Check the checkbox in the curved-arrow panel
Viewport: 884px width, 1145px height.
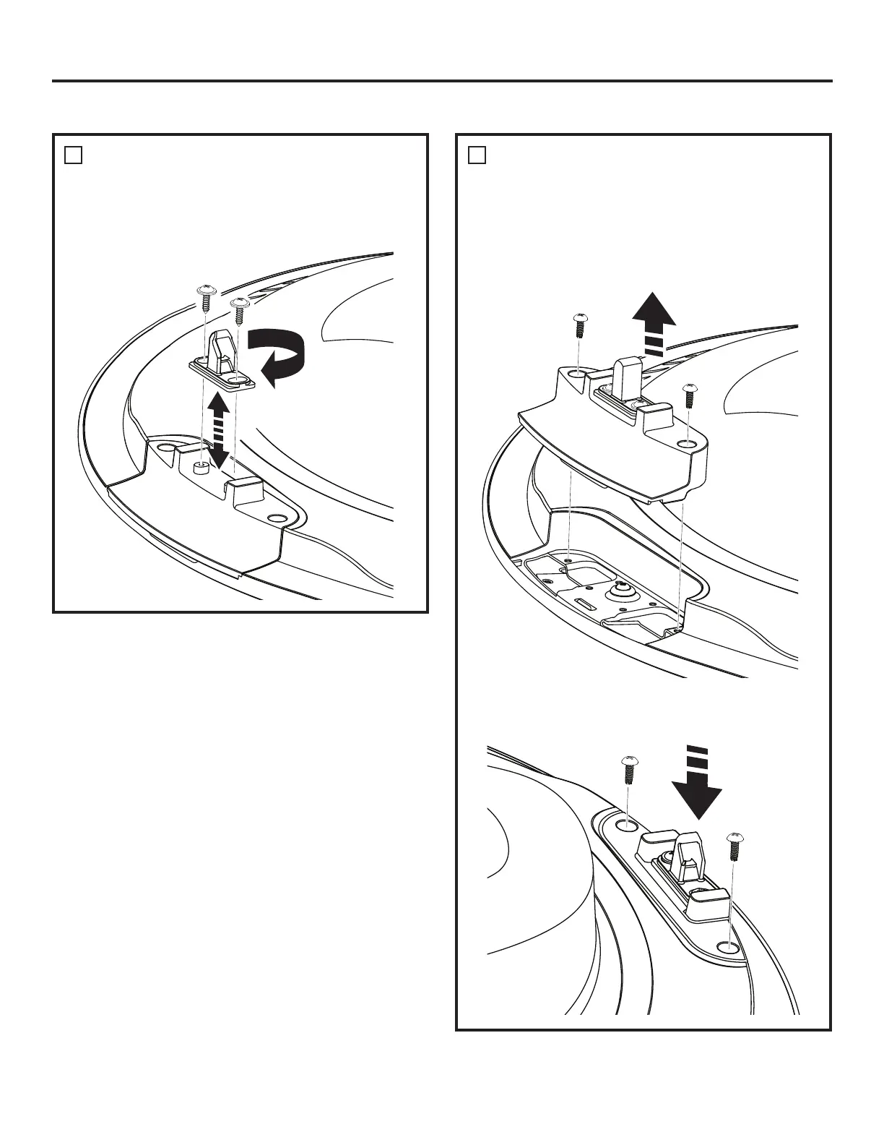click(72, 155)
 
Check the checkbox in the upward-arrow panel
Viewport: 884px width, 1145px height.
click(476, 155)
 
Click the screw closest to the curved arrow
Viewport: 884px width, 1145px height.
click(238, 310)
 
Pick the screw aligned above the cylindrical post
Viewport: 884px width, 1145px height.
click(206, 298)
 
